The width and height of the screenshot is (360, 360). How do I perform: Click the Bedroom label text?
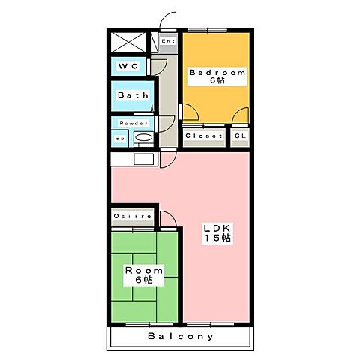[x=217, y=73]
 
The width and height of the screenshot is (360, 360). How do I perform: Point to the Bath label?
[x=131, y=95]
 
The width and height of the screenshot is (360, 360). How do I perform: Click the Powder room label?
[x=133, y=123]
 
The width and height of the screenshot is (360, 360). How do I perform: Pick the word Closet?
[x=204, y=136]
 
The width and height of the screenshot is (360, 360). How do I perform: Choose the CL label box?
[x=240, y=136]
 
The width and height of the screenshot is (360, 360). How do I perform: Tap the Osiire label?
[x=133, y=216]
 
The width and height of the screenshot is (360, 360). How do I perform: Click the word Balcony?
[x=180, y=336]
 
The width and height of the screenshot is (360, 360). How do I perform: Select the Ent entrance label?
[x=167, y=41]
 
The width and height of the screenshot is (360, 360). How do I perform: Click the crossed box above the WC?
[x=129, y=42]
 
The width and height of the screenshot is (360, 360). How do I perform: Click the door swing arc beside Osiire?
[x=167, y=219]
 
